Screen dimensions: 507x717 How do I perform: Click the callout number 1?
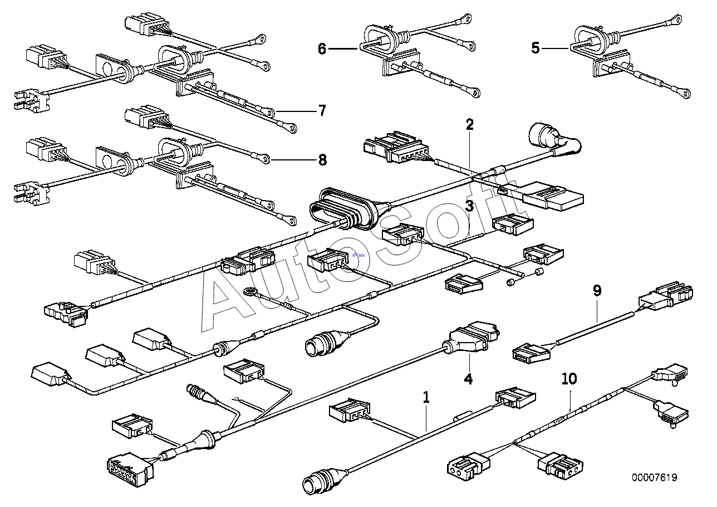point(426,398)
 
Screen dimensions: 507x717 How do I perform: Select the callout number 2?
point(470,124)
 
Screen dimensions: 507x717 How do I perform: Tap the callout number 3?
point(470,207)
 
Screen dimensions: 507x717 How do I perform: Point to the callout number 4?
point(468,379)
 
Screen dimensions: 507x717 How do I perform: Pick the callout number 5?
point(536,48)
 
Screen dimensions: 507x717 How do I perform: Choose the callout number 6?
point(322,48)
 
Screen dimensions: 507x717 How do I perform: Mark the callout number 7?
point(321,111)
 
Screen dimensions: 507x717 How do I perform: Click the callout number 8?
point(322,160)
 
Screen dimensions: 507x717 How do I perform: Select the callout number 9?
point(597,290)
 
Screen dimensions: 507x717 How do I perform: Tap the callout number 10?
point(569,379)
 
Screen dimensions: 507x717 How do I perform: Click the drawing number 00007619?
point(655,477)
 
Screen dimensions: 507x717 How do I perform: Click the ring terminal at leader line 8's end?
point(267,159)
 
